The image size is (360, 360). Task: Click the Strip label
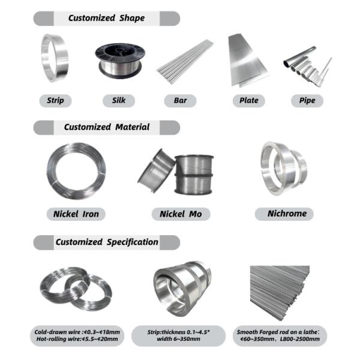(55, 101)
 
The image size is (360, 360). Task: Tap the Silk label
(119, 101)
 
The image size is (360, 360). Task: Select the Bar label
(180, 101)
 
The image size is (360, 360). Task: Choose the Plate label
(249, 101)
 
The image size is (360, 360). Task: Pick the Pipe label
(307, 101)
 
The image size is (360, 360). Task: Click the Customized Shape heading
(107, 18)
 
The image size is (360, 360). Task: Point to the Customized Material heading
(107, 127)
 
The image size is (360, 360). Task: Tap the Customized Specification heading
(107, 242)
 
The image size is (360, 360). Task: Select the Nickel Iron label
(76, 214)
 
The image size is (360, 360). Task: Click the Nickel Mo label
(181, 214)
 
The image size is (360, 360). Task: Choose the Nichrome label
(284, 214)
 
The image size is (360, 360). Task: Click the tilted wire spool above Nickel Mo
(156, 171)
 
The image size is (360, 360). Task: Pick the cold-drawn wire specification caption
(77, 335)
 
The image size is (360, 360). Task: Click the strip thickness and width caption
(178, 335)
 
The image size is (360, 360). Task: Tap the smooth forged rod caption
(280, 335)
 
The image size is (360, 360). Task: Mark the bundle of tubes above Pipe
(307, 67)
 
